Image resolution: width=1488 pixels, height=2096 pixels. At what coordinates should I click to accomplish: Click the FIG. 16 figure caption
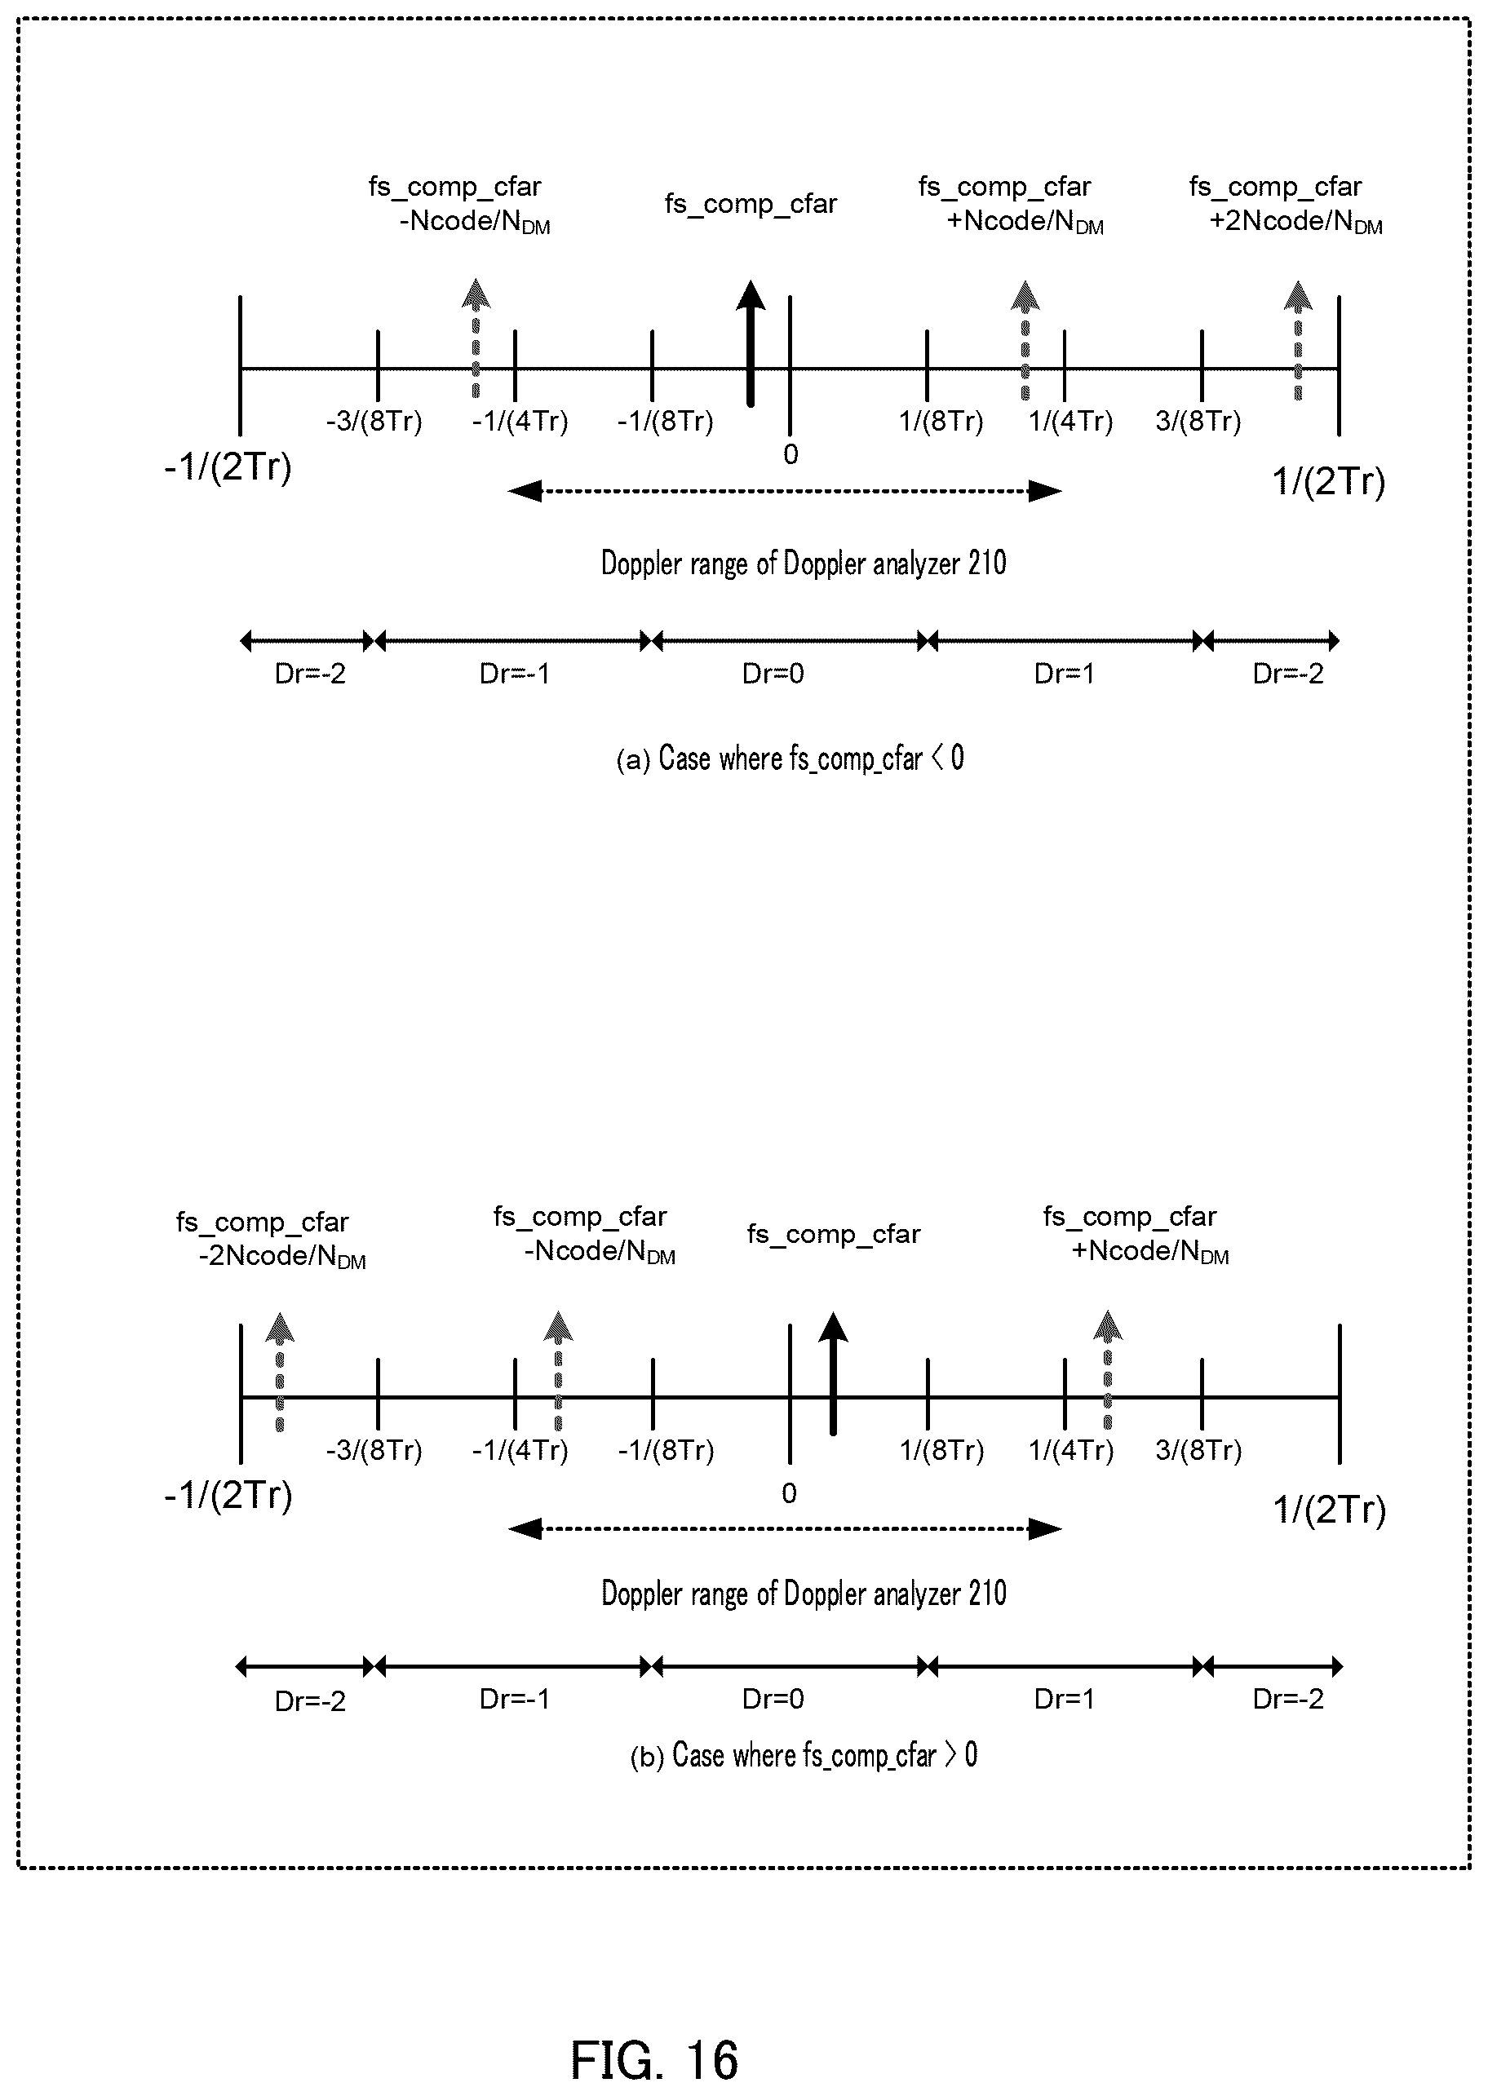click(654, 2060)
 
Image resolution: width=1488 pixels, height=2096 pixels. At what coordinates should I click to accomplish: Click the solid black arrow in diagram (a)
click(751, 343)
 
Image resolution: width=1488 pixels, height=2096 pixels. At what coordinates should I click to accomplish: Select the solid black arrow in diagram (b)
click(833, 1373)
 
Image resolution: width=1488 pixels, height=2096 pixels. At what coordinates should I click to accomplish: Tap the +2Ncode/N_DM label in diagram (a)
click(1295, 222)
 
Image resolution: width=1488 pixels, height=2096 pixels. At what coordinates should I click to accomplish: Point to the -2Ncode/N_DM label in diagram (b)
click(282, 1256)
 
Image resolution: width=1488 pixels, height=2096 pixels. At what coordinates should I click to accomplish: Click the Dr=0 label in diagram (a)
click(773, 674)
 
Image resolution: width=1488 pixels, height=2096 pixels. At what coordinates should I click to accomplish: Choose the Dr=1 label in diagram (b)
click(1065, 1700)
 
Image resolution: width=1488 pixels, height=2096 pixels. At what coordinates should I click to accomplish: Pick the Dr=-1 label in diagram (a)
click(515, 674)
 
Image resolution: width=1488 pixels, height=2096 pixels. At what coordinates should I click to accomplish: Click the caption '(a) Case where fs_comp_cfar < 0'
click(790, 758)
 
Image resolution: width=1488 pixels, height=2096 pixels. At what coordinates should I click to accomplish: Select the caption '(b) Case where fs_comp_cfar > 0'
click(804, 1755)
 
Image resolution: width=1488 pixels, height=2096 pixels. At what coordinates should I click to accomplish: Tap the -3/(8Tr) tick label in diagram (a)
click(374, 422)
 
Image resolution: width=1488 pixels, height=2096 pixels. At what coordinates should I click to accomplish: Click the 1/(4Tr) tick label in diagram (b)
click(1071, 1451)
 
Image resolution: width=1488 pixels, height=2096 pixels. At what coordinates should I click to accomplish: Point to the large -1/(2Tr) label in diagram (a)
click(228, 467)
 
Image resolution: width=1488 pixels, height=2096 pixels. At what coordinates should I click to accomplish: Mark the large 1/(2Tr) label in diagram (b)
click(1330, 1510)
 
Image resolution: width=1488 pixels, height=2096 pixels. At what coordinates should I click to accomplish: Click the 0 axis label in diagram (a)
click(790, 454)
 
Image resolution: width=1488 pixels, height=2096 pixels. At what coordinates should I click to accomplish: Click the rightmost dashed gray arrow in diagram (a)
click(1297, 340)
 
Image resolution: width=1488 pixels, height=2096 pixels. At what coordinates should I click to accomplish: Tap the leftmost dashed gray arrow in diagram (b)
click(280, 1372)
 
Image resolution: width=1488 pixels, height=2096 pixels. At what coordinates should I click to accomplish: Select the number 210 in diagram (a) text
click(987, 563)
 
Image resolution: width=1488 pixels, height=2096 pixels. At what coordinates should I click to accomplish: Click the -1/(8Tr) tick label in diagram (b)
click(666, 1451)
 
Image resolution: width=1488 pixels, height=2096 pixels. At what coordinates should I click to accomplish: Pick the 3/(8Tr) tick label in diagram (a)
click(1198, 422)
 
